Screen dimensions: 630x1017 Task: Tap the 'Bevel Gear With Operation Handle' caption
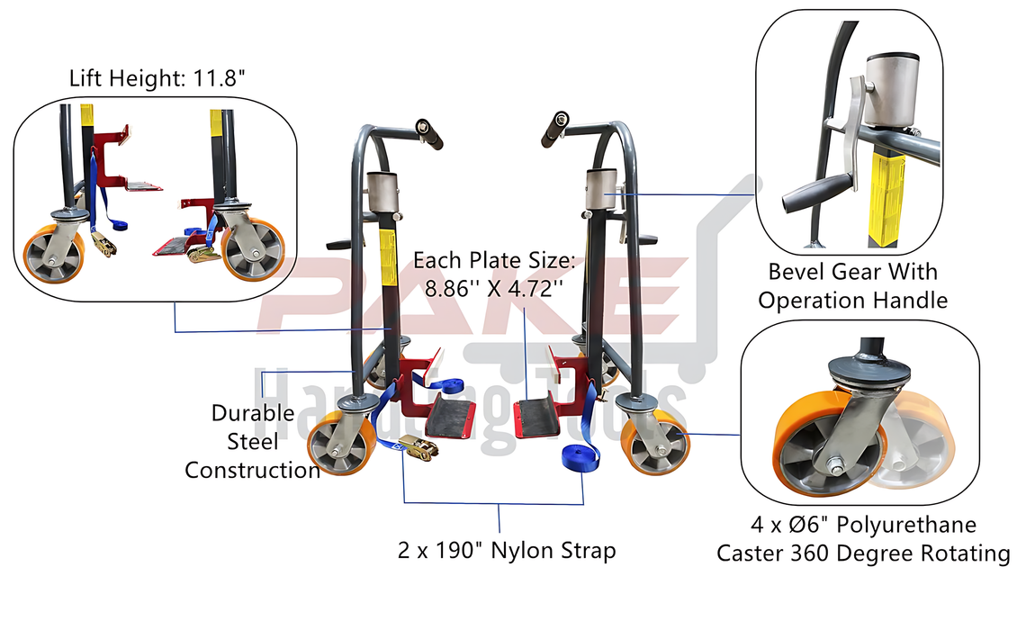[852, 285]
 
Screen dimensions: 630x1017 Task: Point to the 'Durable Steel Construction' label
[252, 441]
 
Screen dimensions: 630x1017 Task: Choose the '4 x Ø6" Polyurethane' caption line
[863, 524]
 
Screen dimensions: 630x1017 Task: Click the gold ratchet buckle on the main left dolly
[415, 446]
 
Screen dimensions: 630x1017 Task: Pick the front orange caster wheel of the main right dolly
[655, 441]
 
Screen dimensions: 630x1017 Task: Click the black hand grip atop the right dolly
[553, 130]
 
